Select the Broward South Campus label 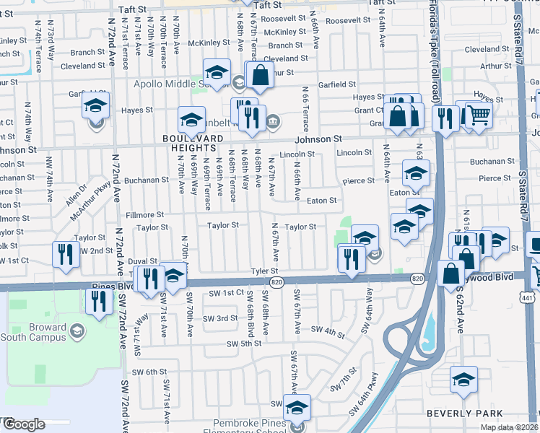point(48,332)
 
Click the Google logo point(23,424)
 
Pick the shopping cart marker point(478,115)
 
